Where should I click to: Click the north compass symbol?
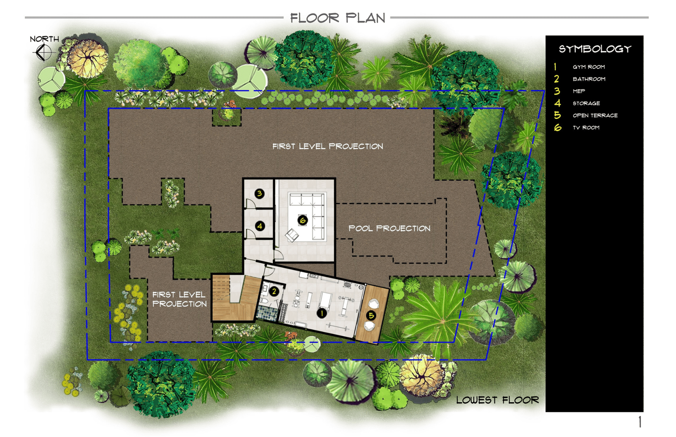click(44, 52)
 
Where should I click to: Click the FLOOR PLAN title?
click(338, 18)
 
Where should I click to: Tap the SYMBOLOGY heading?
click(595, 49)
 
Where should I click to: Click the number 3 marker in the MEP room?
click(259, 194)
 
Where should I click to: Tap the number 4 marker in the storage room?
click(260, 226)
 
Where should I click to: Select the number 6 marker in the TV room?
click(302, 220)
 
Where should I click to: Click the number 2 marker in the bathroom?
click(274, 291)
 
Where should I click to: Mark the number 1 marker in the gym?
click(321, 313)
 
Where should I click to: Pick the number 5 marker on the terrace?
click(371, 316)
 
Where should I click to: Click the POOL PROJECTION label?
click(389, 228)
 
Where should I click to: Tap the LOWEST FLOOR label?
click(497, 400)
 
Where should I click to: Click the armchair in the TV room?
click(292, 235)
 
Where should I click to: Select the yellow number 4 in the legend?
click(557, 103)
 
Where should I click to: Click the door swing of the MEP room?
click(250, 204)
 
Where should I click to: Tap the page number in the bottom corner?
click(640, 422)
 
